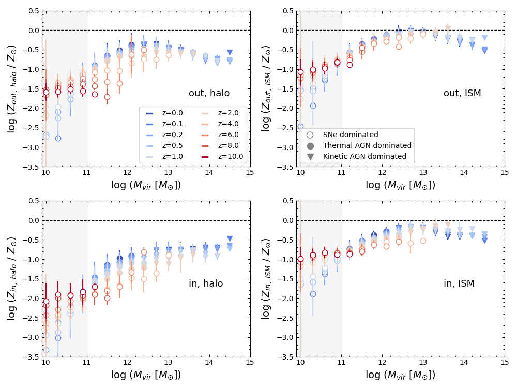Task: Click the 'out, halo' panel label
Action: pos(209,93)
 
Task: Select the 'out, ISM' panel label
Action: pos(462,93)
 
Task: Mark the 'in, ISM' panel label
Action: pos(459,283)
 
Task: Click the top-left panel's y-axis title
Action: pos(12,88)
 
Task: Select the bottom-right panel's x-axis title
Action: pos(400,375)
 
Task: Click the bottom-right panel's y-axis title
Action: pos(266,279)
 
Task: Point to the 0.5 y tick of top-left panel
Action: pos(33,11)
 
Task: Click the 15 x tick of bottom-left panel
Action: pos(250,363)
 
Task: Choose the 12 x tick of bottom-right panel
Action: pos(382,363)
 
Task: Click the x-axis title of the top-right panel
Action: pos(400,185)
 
